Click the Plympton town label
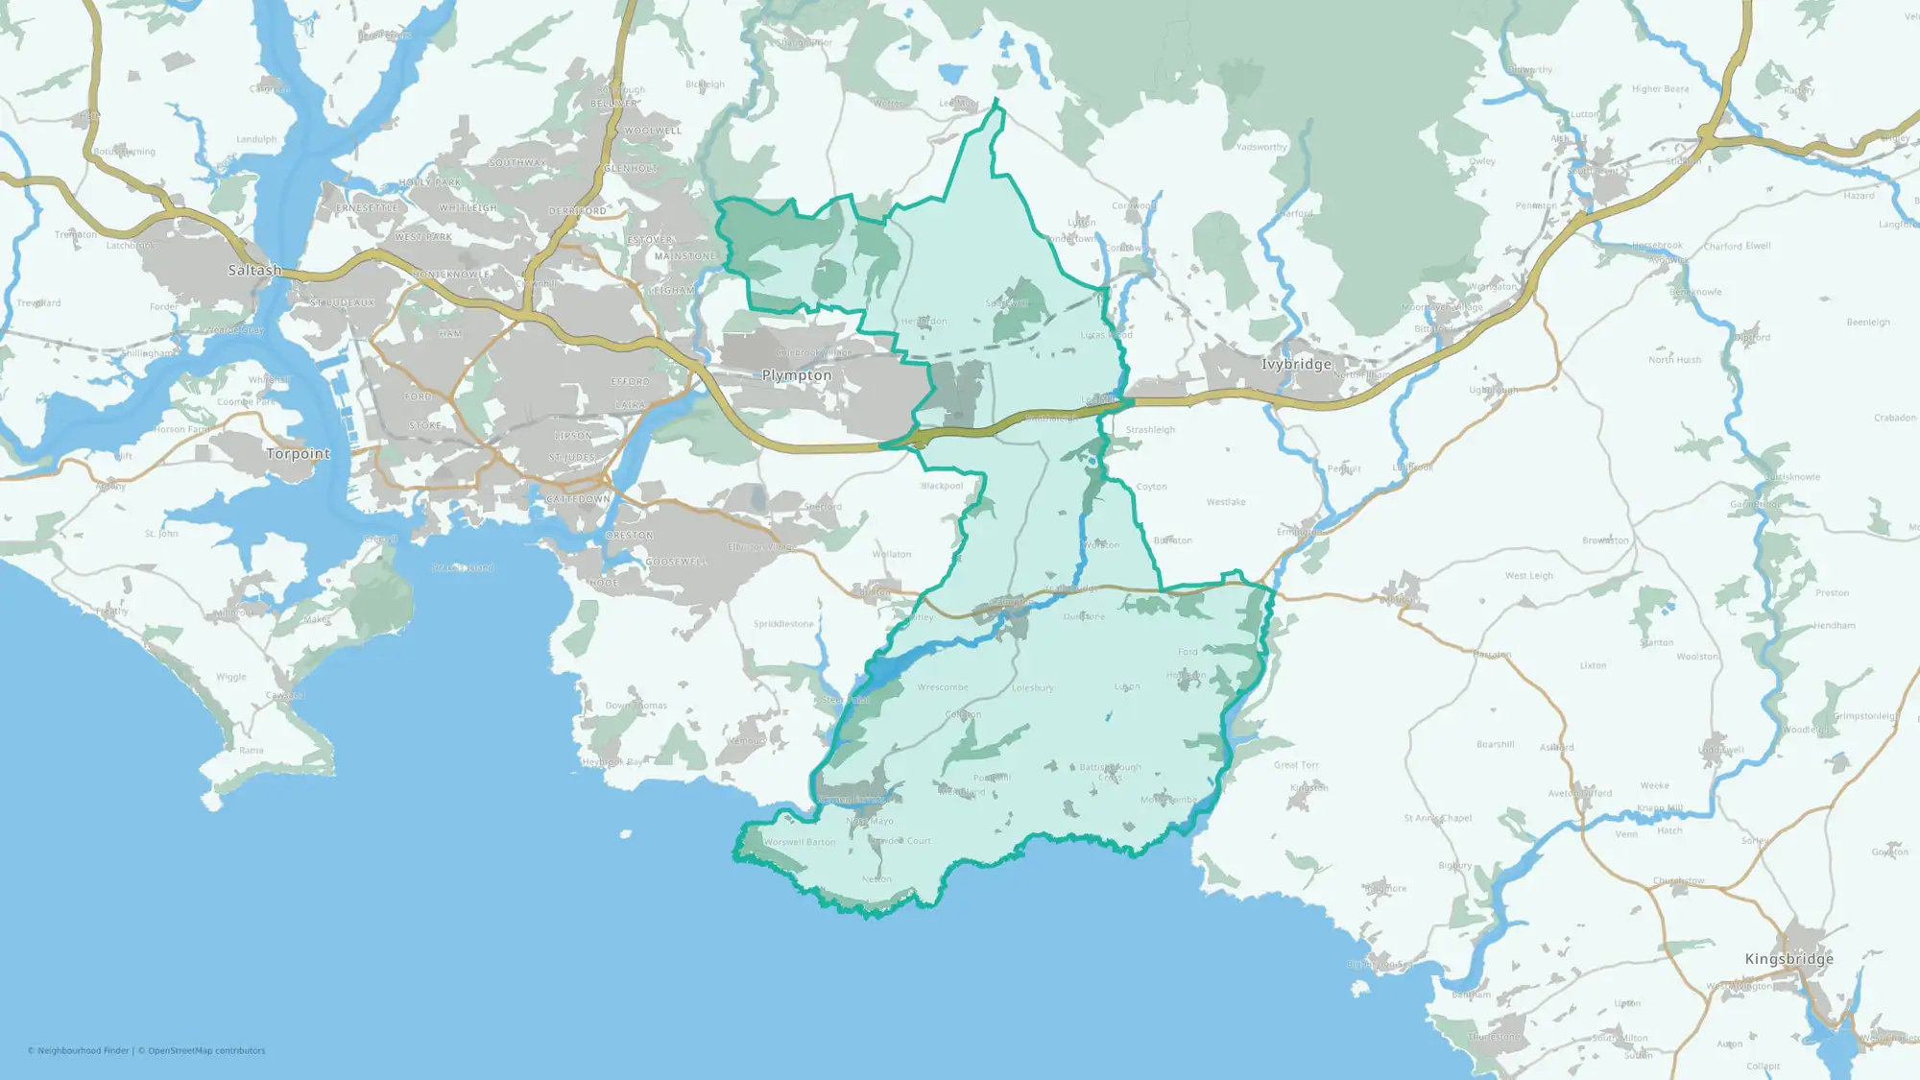797,375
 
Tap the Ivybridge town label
1296,364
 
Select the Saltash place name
255,270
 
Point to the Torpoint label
298,453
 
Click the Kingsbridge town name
1788,958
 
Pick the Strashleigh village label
1150,430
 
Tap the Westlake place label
1226,502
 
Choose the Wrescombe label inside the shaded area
942,687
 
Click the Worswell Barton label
800,842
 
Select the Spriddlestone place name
783,624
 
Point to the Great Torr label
1296,765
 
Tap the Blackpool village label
942,486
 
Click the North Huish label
1674,360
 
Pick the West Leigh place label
1528,576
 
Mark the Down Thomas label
636,706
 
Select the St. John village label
161,534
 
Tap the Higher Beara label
1660,89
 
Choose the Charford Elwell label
1737,247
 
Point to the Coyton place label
1151,487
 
